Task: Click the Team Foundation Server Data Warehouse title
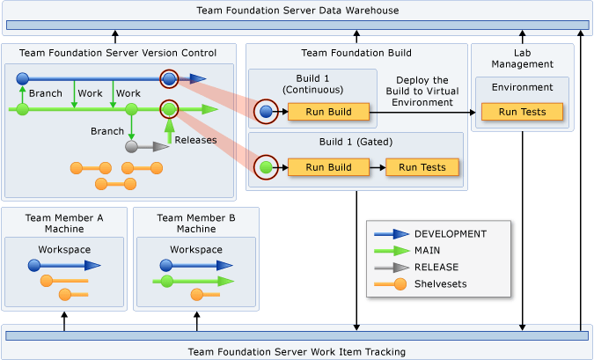point(297,11)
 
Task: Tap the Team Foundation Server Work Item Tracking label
point(297,351)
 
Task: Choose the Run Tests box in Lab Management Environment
point(522,112)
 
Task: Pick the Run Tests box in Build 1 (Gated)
point(422,167)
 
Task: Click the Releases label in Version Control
point(195,140)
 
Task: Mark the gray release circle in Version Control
point(131,146)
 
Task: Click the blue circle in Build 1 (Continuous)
point(266,112)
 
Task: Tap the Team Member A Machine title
point(64,224)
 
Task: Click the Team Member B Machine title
point(196,224)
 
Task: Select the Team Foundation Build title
point(356,53)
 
